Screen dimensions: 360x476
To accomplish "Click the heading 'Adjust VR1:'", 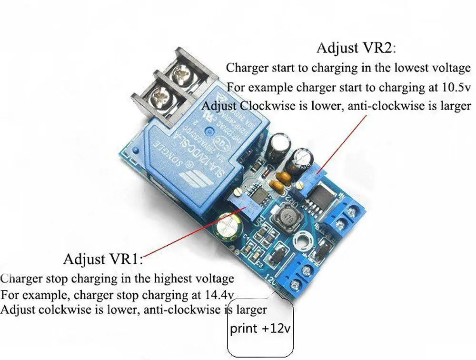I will tap(103, 260).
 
